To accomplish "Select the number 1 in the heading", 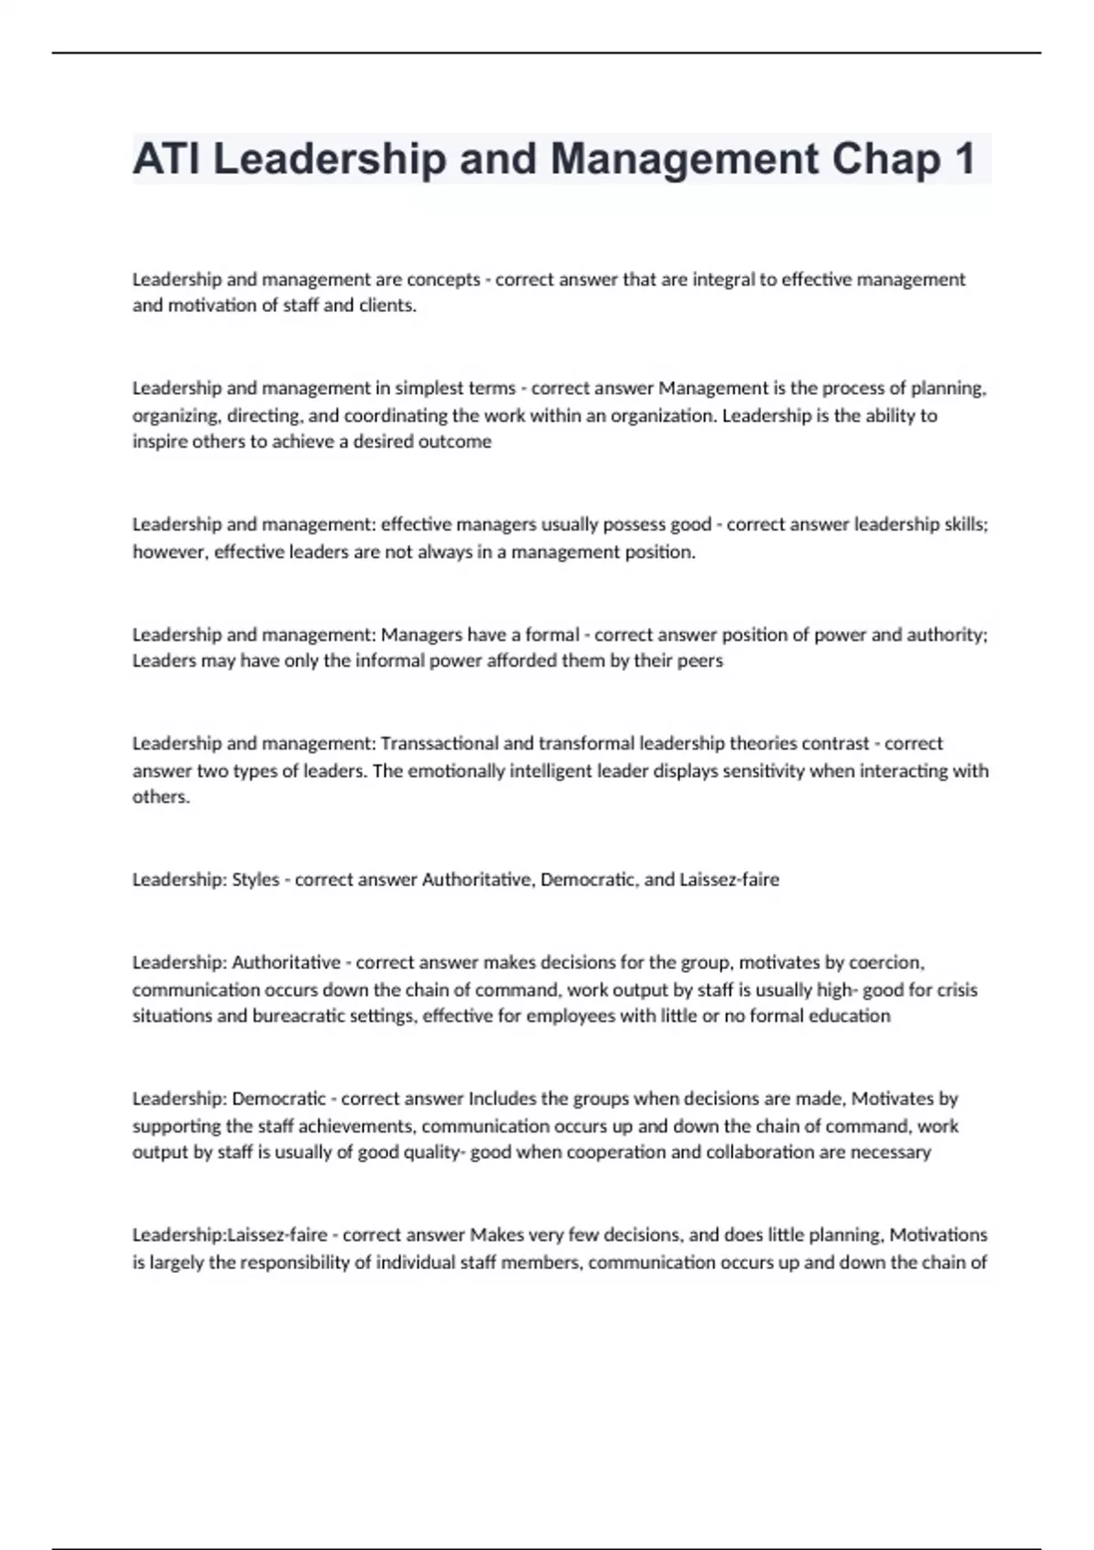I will pyautogui.click(x=964, y=160).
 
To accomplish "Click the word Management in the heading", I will pyautogui.click(x=685, y=160).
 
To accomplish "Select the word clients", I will pyautogui.click(x=387, y=305).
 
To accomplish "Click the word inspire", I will pyautogui.click(x=160, y=442).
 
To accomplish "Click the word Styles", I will pyautogui.click(x=255, y=880).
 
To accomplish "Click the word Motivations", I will pyautogui.click(x=938, y=1235).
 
